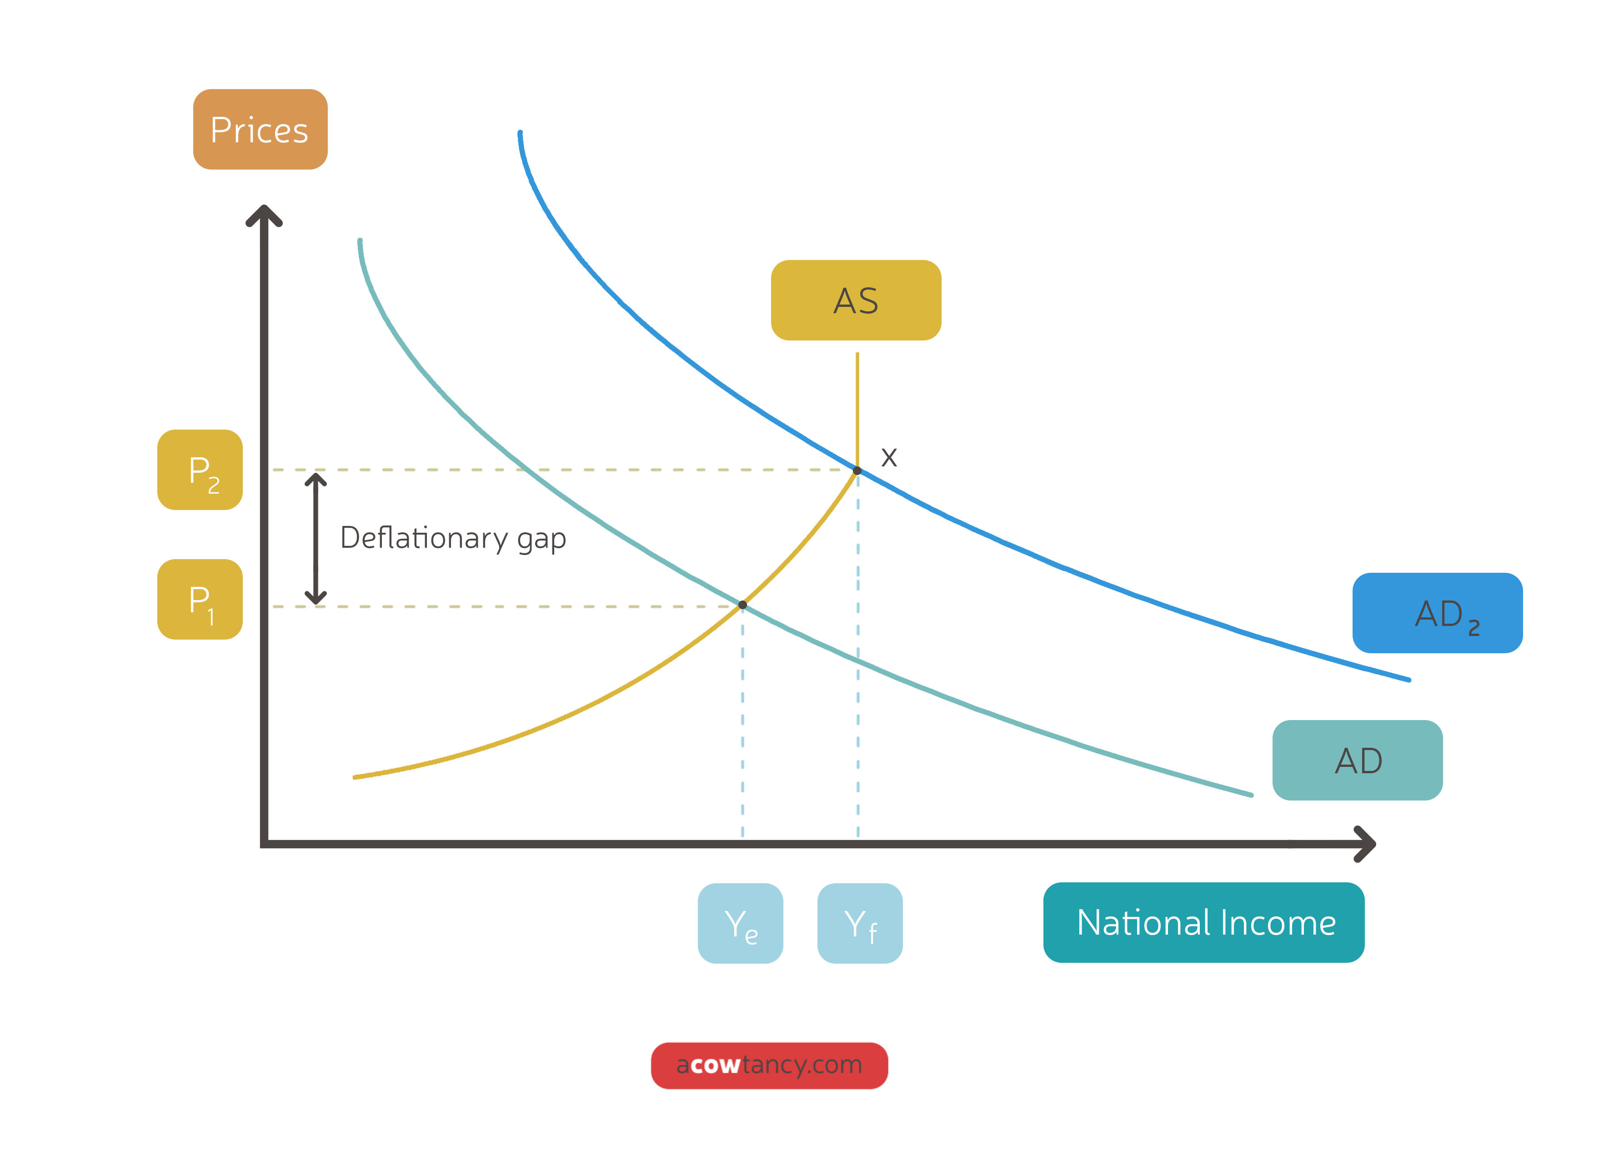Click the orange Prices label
260,130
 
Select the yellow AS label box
856,300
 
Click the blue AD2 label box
1437,613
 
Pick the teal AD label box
1357,760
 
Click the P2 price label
200,470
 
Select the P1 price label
200,599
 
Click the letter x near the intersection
888,457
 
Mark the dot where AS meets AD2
857,470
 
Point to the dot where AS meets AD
742,605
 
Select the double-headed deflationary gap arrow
315,538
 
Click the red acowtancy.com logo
769,1065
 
